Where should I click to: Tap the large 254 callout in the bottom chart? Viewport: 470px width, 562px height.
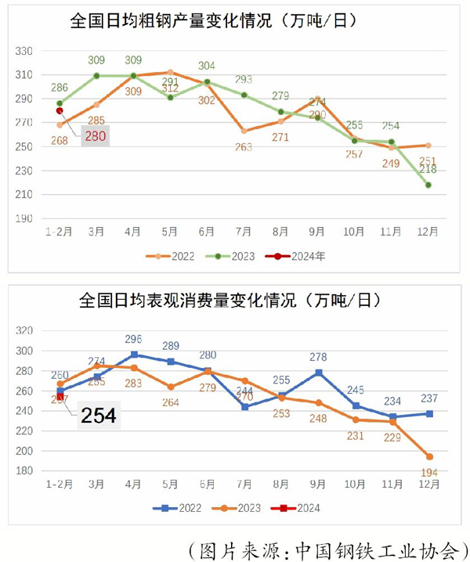click(98, 415)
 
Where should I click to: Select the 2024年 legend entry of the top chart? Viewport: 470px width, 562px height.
click(301, 255)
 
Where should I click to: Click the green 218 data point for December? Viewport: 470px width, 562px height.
click(428, 185)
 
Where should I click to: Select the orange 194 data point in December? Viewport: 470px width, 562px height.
click(428, 456)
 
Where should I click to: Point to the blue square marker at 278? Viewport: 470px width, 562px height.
click(319, 373)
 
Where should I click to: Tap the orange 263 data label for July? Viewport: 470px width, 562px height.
click(244, 146)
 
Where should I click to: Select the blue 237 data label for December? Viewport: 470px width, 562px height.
click(428, 398)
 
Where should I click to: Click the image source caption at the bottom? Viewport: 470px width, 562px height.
click(328, 548)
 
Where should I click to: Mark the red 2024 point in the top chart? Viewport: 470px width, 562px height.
click(60, 110)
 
